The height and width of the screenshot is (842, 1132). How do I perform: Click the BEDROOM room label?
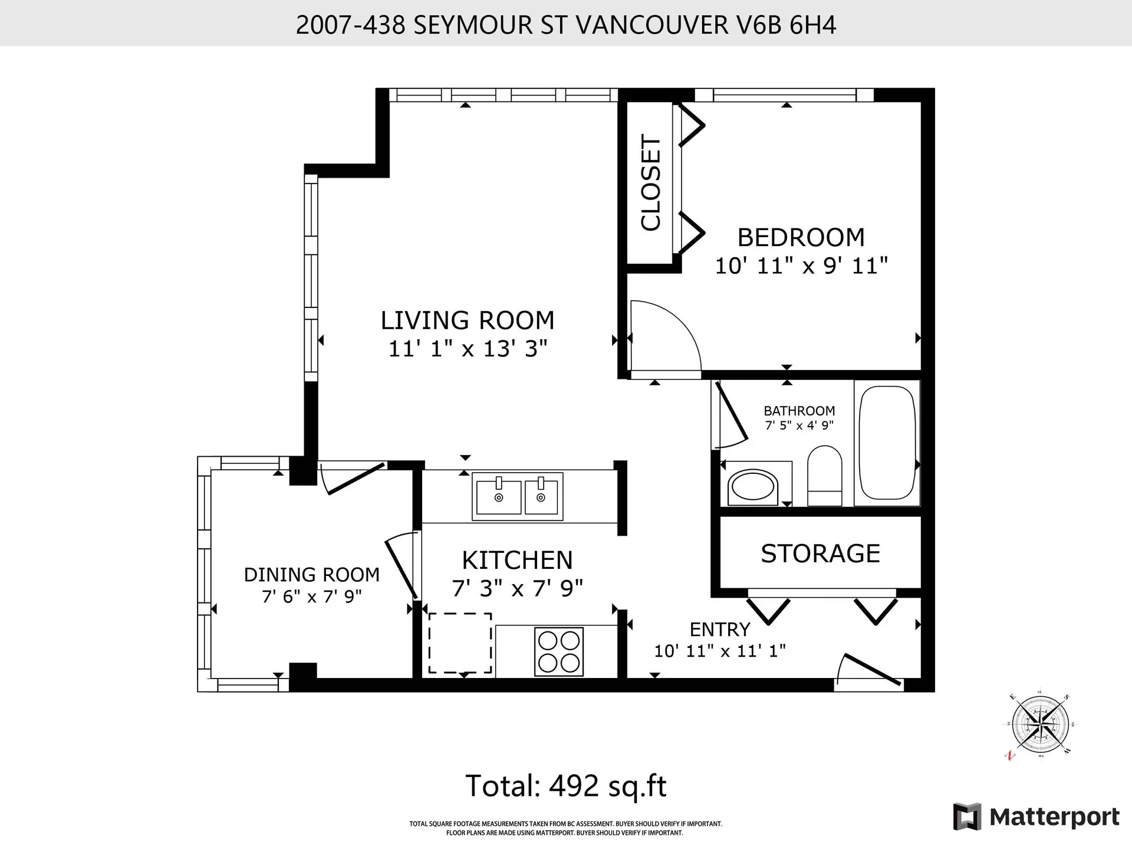pyautogui.click(x=801, y=238)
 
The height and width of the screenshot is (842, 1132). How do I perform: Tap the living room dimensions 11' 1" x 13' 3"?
pyautogui.click(x=468, y=349)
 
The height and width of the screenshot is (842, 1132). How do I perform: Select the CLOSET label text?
pyautogui.click(x=651, y=183)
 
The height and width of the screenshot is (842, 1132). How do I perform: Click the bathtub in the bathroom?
pyautogui.click(x=887, y=443)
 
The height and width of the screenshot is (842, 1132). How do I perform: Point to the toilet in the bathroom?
pyautogui.click(x=824, y=476)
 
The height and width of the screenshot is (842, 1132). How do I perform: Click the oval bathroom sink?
pyautogui.click(x=752, y=487)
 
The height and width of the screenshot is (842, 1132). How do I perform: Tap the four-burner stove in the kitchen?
pyautogui.click(x=559, y=651)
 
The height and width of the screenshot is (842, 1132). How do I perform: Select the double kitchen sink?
pyautogui.click(x=517, y=496)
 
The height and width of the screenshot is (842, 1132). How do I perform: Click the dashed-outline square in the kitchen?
pyautogui.click(x=460, y=643)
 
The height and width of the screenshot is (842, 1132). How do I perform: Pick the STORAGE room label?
pyautogui.click(x=820, y=553)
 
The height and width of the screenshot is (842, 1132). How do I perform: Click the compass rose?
pyautogui.click(x=1040, y=725)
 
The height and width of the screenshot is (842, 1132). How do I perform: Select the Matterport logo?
pyautogui.click(x=1036, y=817)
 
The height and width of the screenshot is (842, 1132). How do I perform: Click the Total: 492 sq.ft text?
pyautogui.click(x=566, y=786)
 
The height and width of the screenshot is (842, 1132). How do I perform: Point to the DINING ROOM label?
pyautogui.click(x=311, y=575)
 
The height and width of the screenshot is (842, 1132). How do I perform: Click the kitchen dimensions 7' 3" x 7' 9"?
pyautogui.click(x=517, y=588)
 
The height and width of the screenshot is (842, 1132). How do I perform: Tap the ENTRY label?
pyautogui.click(x=720, y=630)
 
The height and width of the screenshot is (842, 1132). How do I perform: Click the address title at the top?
pyautogui.click(x=566, y=25)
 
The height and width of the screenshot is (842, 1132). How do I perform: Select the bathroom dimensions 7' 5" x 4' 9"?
pyautogui.click(x=799, y=425)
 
